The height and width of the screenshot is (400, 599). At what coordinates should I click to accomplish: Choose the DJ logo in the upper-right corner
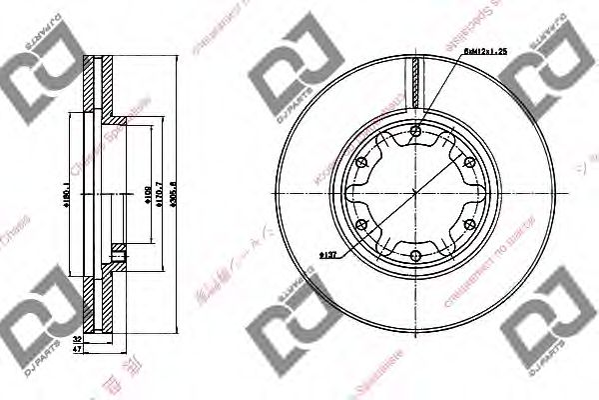click(547, 75)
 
